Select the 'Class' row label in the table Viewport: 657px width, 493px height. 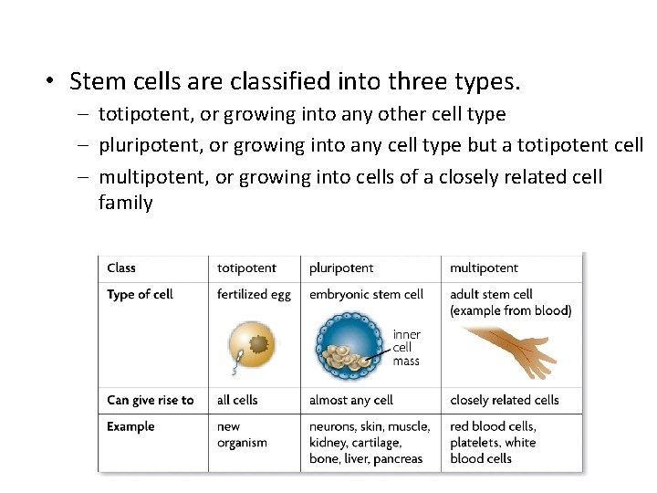click(121, 267)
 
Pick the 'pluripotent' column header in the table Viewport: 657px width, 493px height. click(341, 267)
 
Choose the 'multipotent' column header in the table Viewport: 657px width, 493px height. click(484, 267)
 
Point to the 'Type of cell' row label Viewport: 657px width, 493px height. click(140, 294)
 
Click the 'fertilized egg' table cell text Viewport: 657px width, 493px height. click(254, 294)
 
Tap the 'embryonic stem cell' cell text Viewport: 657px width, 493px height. click(366, 294)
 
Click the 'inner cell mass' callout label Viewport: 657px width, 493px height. click(407, 347)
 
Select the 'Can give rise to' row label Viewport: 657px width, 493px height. click(151, 400)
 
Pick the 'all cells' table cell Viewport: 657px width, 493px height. click(237, 400)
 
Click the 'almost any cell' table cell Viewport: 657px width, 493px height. click(351, 400)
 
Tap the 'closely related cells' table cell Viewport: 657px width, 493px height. click(505, 400)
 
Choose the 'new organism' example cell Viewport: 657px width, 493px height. click(242, 435)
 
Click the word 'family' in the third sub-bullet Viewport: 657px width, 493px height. click(126, 203)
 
